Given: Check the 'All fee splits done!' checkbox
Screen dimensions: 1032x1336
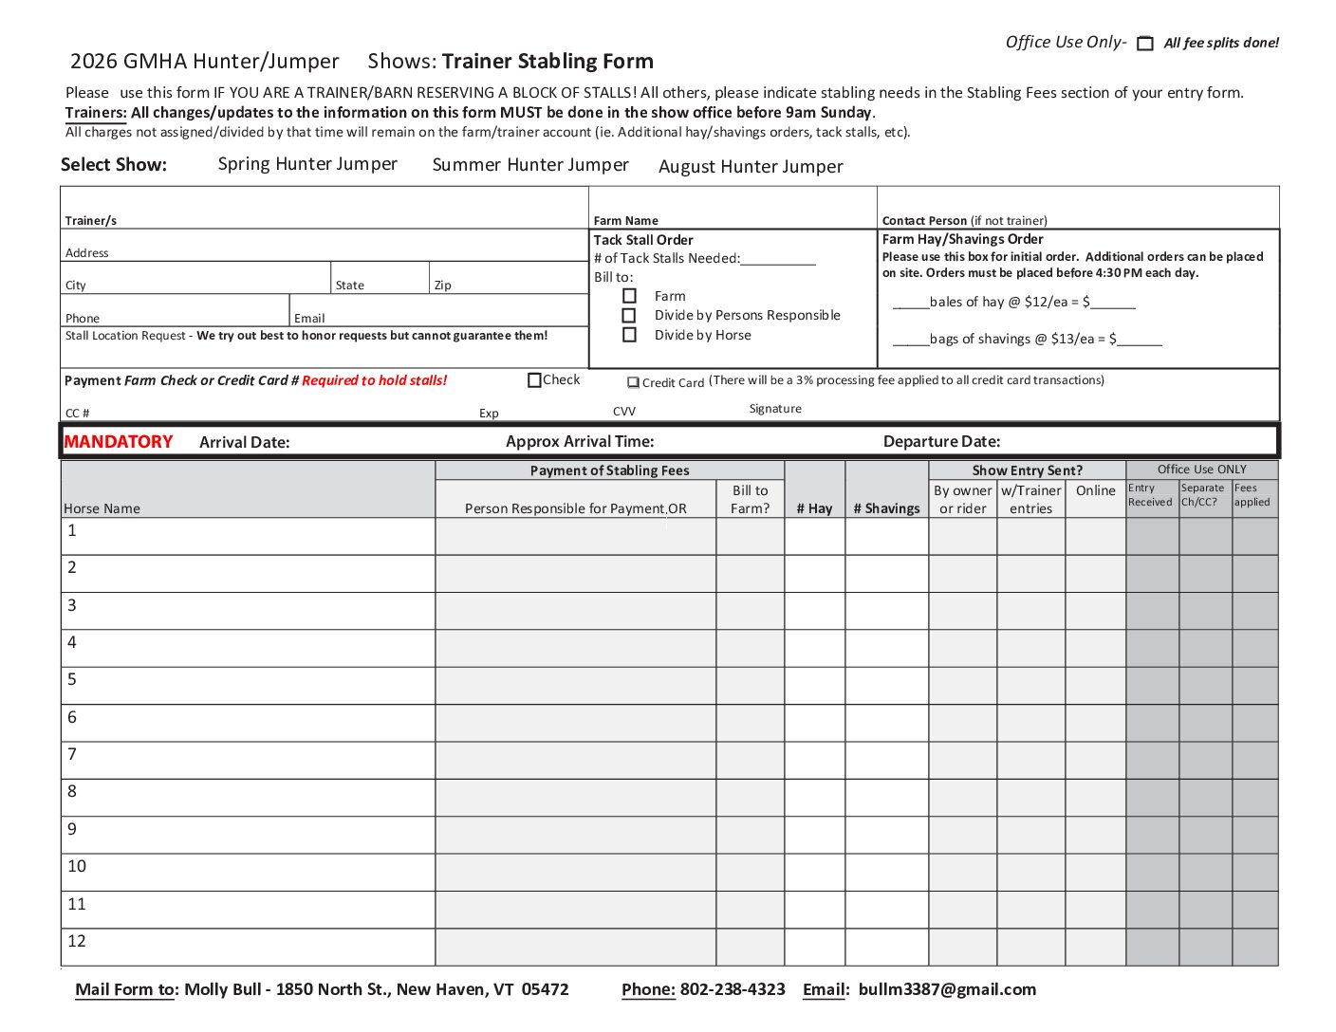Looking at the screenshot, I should pyautogui.click(x=1145, y=44).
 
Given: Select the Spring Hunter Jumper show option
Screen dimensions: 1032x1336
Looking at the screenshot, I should pyautogui.click(x=307, y=164).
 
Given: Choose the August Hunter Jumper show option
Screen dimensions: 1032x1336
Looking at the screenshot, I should pyautogui.click(x=751, y=167).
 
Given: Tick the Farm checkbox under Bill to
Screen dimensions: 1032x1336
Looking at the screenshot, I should pyautogui.click(x=629, y=296).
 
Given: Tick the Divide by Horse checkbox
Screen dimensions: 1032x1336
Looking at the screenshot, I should pyautogui.click(x=629, y=335).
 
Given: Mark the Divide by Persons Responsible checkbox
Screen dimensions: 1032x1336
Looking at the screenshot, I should pyautogui.click(x=629, y=315).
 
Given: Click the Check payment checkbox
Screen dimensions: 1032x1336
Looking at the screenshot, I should pyautogui.click(x=534, y=380).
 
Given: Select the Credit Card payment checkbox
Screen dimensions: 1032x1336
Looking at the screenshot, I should pyautogui.click(x=633, y=383).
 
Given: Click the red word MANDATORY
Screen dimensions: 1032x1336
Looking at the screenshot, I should pyautogui.click(x=119, y=442).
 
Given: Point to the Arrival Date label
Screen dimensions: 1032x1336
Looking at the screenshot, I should pyautogui.click(x=245, y=442).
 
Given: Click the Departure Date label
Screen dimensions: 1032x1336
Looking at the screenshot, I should pyautogui.click(x=941, y=441).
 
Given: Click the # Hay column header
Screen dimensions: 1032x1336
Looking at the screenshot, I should pyautogui.click(x=814, y=508).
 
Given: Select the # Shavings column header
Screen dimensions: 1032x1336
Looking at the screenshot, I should pyautogui.click(x=886, y=508).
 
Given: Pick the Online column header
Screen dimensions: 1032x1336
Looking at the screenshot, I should pyautogui.click(x=1095, y=490).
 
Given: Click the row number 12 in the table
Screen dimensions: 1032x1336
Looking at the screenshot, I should pyautogui.click(x=77, y=941).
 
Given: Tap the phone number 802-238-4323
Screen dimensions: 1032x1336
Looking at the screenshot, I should pyautogui.click(x=733, y=989).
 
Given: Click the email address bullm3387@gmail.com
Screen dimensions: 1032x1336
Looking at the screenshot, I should pyautogui.click(x=947, y=989).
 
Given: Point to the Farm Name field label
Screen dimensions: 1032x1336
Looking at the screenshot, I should pyautogui.click(x=625, y=220).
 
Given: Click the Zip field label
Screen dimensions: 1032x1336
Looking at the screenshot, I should pyautogui.click(x=442, y=286).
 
